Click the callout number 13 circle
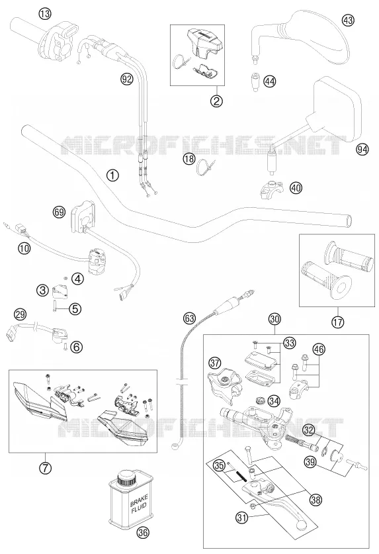pos(45,14)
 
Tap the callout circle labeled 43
pos(348,21)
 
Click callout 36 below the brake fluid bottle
pos(143,532)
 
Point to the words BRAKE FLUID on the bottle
pos(139,503)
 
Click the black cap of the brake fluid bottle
pos(128,479)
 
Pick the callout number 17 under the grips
pos(338,322)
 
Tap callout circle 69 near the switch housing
pos(59,212)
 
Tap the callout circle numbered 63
pos(189,318)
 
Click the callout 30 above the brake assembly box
pos(274,319)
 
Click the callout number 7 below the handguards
pos(45,468)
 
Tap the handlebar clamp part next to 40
pos(272,189)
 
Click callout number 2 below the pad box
pos(216,101)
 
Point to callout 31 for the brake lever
pos(241,518)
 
